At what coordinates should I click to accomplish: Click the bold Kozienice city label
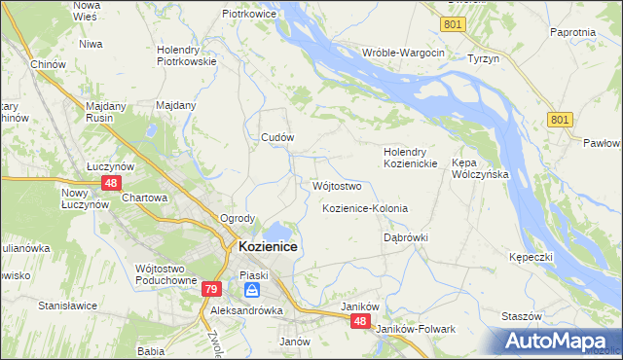click(x=268, y=248)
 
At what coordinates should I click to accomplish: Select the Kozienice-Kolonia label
click(x=365, y=209)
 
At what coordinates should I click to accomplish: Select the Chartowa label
click(x=146, y=198)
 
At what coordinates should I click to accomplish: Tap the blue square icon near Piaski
click(x=252, y=290)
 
